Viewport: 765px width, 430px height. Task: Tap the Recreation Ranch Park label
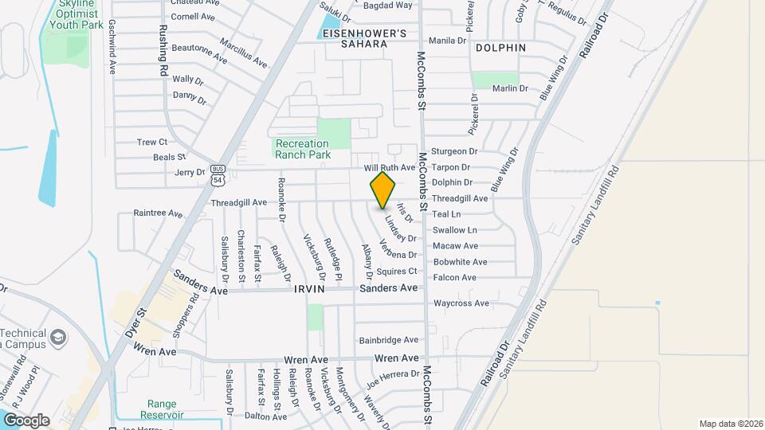tap(302, 149)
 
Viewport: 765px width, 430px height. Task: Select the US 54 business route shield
tap(218, 175)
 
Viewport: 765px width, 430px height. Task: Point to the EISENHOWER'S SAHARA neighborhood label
tap(364, 38)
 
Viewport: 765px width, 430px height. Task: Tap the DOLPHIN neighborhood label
tap(500, 48)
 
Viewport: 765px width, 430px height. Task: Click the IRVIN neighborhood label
tap(309, 289)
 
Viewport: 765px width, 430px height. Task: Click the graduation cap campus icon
tap(58, 338)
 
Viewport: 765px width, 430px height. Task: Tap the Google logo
tap(25, 420)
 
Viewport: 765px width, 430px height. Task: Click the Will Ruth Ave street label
tap(390, 168)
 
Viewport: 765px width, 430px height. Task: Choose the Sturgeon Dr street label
tap(454, 151)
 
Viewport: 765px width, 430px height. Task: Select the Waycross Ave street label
tap(461, 303)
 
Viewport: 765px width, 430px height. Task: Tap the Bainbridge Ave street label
tap(388, 340)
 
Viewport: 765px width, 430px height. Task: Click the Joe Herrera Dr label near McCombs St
tap(393, 373)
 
